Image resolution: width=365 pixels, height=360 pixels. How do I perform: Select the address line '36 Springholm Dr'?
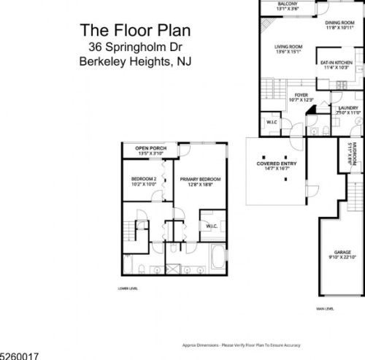tap(131, 46)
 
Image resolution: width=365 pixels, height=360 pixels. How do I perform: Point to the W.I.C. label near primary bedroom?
tap(211, 226)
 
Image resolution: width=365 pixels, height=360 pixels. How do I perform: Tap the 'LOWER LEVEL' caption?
tap(128, 288)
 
